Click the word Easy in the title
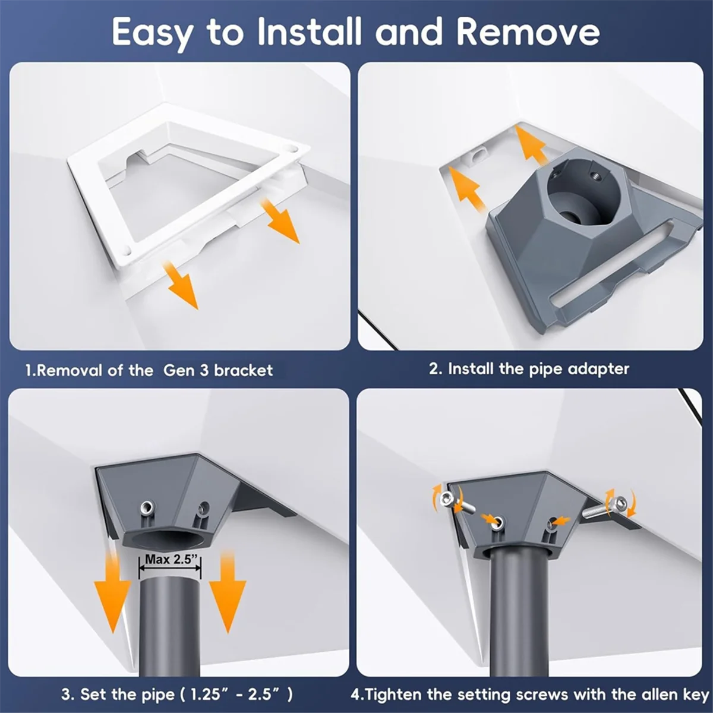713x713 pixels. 152,33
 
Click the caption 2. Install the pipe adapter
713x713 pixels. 529,369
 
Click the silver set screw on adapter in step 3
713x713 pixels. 147,508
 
